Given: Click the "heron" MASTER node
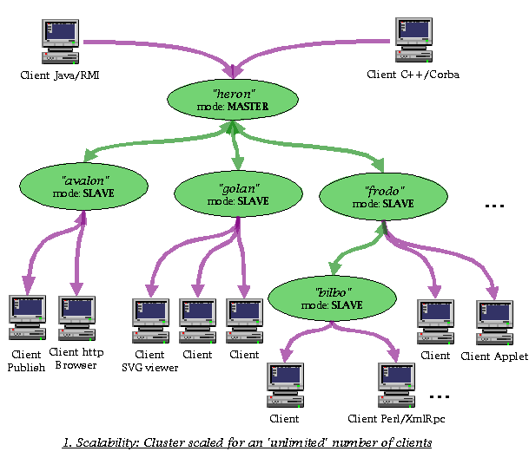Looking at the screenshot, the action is tap(233, 100).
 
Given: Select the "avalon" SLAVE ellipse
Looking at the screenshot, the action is tap(83, 186).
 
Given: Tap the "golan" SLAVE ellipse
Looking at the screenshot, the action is tap(238, 193).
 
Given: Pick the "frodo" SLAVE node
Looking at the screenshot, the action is tap(383, 197).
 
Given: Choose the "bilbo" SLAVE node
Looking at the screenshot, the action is tap(332, 298).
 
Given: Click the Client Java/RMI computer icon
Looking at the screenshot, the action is tap(61, 42).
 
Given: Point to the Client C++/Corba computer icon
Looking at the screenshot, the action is tap(413, 40).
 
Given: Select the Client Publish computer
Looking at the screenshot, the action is tap(27, 317).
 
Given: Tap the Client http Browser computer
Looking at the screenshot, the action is tap(77, 318).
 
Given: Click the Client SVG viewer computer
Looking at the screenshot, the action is tap(150, 321).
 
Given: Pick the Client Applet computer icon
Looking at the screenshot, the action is tap(494, 323).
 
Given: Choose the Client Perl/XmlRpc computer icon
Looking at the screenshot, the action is tap(396, 385).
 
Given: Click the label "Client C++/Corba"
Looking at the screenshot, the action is tap(413, 75).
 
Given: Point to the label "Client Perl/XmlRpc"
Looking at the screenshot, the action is tap(396, 419).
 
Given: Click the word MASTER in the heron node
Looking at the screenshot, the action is tap(248, 107).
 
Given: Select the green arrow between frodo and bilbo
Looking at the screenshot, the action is tap(357, 249).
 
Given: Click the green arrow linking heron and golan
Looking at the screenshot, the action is tap(236, 145).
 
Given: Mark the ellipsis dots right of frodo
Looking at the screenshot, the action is tap(494, 206).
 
